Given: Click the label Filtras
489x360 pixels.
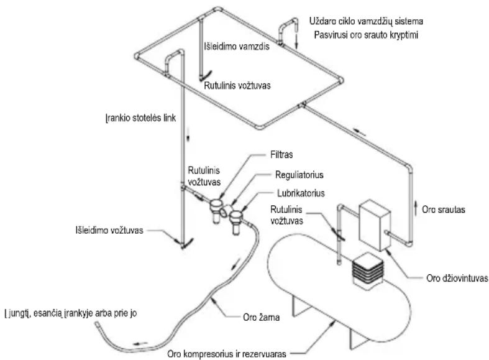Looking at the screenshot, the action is (281, 154).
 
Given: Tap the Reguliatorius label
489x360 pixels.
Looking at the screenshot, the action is (299, 175).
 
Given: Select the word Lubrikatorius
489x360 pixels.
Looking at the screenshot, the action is (301, 193).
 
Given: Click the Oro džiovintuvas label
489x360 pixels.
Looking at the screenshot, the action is (457, 279).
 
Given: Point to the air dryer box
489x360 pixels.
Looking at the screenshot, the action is (375, 225).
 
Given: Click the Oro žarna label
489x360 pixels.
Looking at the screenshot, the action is (261, 317).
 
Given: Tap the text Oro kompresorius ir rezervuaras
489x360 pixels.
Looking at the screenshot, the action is (227, 354).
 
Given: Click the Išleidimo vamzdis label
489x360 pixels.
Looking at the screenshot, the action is (237, 47).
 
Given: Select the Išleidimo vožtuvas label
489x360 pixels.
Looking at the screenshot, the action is (109, 230).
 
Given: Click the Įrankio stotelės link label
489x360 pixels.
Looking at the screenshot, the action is (141, 118).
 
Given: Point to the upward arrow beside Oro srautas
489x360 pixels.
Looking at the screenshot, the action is (416, 208).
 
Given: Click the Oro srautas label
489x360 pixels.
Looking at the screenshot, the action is (444, 210).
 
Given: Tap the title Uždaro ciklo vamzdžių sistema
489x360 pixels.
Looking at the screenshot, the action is (366, 21).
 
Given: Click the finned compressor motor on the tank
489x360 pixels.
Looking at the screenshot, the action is (367, 271).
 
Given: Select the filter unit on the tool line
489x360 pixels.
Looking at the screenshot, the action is (216, 211).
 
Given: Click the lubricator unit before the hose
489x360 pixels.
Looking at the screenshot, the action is (236, 221).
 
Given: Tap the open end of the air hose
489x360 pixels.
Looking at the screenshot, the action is (97, 325).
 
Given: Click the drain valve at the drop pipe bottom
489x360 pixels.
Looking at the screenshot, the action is (186, 243).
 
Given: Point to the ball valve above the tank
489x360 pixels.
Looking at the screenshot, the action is (339, 233).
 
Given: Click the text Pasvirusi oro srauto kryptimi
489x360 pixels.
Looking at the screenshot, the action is (366, 34).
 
